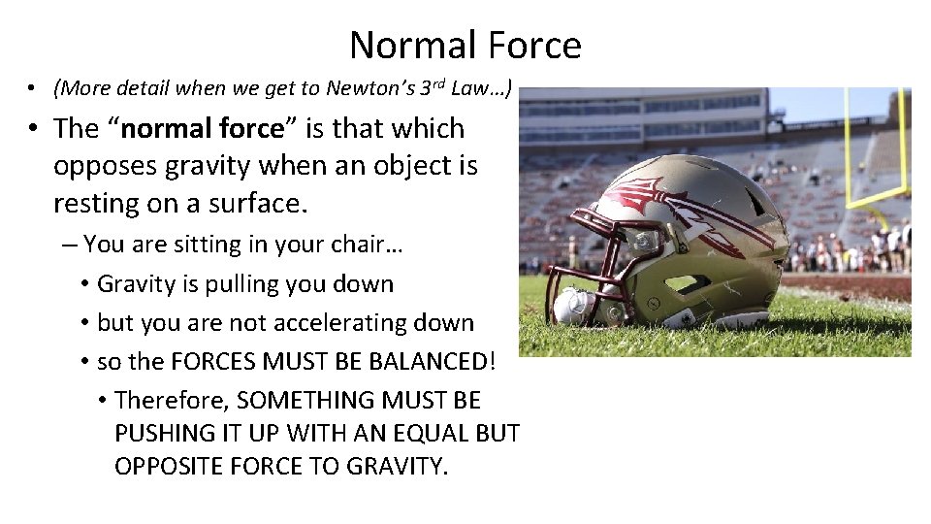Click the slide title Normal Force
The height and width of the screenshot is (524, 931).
(x=465, y=45)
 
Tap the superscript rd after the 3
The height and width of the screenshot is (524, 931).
(x=438, y=83)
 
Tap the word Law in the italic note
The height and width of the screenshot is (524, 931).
(x=475, y=89)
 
